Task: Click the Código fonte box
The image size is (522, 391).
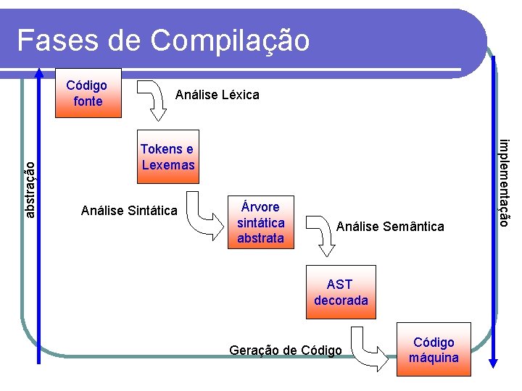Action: pyautogui.click(x=87, y=93)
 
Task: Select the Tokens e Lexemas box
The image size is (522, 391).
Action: pyautogui.click(x=168, y=157)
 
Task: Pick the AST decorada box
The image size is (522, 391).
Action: pyautogui.click(x=341, y=293)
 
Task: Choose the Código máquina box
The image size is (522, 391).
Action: pyautogui.click(x=434, y=350)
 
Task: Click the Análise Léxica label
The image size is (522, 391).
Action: pyautogui.click(x=217, y=95)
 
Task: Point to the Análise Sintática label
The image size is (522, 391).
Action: pyautogui.click(x=129, y=211)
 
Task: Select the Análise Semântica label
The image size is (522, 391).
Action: pyautogui.click(x=390, y=227)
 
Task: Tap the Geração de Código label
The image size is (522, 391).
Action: pyautogui.click(x=285, y=350)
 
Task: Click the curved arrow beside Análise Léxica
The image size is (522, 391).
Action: pyautogui.click(x=153, y=98)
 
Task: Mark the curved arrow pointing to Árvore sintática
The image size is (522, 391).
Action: pyautogui.click(x=203, y=214)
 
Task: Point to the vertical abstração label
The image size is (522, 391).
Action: pyautogui.click(x=30, y=188)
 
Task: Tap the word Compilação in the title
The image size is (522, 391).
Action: pyautogui.click(x=230, y=41)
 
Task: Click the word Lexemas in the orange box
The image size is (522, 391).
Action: pyautogui.click(x=168, y=165)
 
